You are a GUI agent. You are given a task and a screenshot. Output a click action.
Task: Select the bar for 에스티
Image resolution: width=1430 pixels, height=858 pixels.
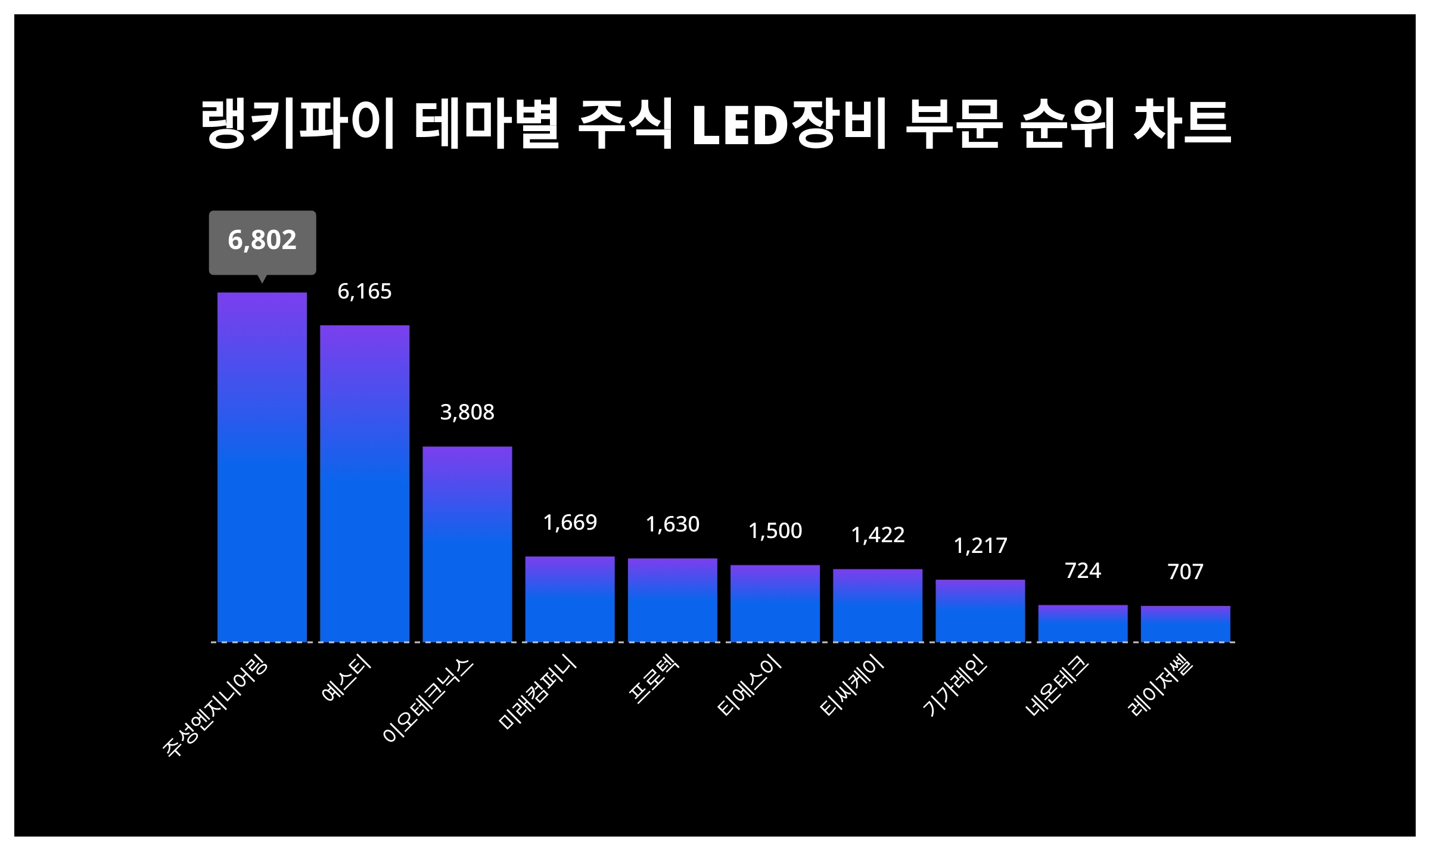coord(365,483)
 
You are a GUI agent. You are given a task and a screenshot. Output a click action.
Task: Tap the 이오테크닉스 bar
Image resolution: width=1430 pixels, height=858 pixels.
coord(467,543)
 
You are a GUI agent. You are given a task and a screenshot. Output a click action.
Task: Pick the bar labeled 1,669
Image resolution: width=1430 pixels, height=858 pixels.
coord(570,599)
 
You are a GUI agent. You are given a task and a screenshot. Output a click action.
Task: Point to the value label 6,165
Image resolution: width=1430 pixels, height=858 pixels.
coord(365,291)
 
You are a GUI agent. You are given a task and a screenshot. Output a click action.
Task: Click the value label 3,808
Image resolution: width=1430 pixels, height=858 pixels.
coord(467,412)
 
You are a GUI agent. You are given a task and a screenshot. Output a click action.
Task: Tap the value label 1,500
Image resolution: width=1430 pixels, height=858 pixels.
coord(775,531)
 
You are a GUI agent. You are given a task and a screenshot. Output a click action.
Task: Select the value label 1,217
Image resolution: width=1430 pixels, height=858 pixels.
coord(980,546)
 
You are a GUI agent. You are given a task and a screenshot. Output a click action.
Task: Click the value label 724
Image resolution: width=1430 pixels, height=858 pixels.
coord(1083,571)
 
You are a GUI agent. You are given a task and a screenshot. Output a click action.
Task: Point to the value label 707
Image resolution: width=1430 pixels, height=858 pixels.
coord(1185,572)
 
